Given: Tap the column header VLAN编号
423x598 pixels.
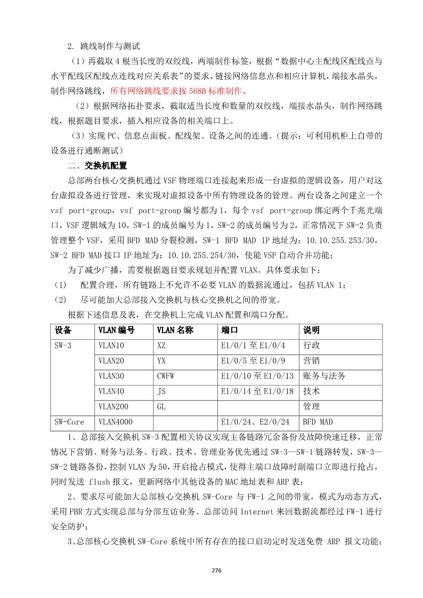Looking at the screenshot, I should click(116, 330).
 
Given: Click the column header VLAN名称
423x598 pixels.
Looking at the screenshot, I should click(175, 330).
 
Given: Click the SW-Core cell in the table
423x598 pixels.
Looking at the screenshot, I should click(70, 422).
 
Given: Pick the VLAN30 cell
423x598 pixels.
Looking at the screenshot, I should click(111, 376).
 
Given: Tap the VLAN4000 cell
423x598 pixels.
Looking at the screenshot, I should click(114, 422).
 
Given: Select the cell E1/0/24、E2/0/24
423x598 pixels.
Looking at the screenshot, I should click(255, 422).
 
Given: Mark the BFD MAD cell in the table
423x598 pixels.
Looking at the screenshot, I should click(318, 422).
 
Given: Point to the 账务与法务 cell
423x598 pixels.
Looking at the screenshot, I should click(324, 376).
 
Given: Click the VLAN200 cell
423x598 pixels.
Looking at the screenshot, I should click(114, 407).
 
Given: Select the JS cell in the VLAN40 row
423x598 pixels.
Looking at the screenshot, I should click(161, 391).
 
